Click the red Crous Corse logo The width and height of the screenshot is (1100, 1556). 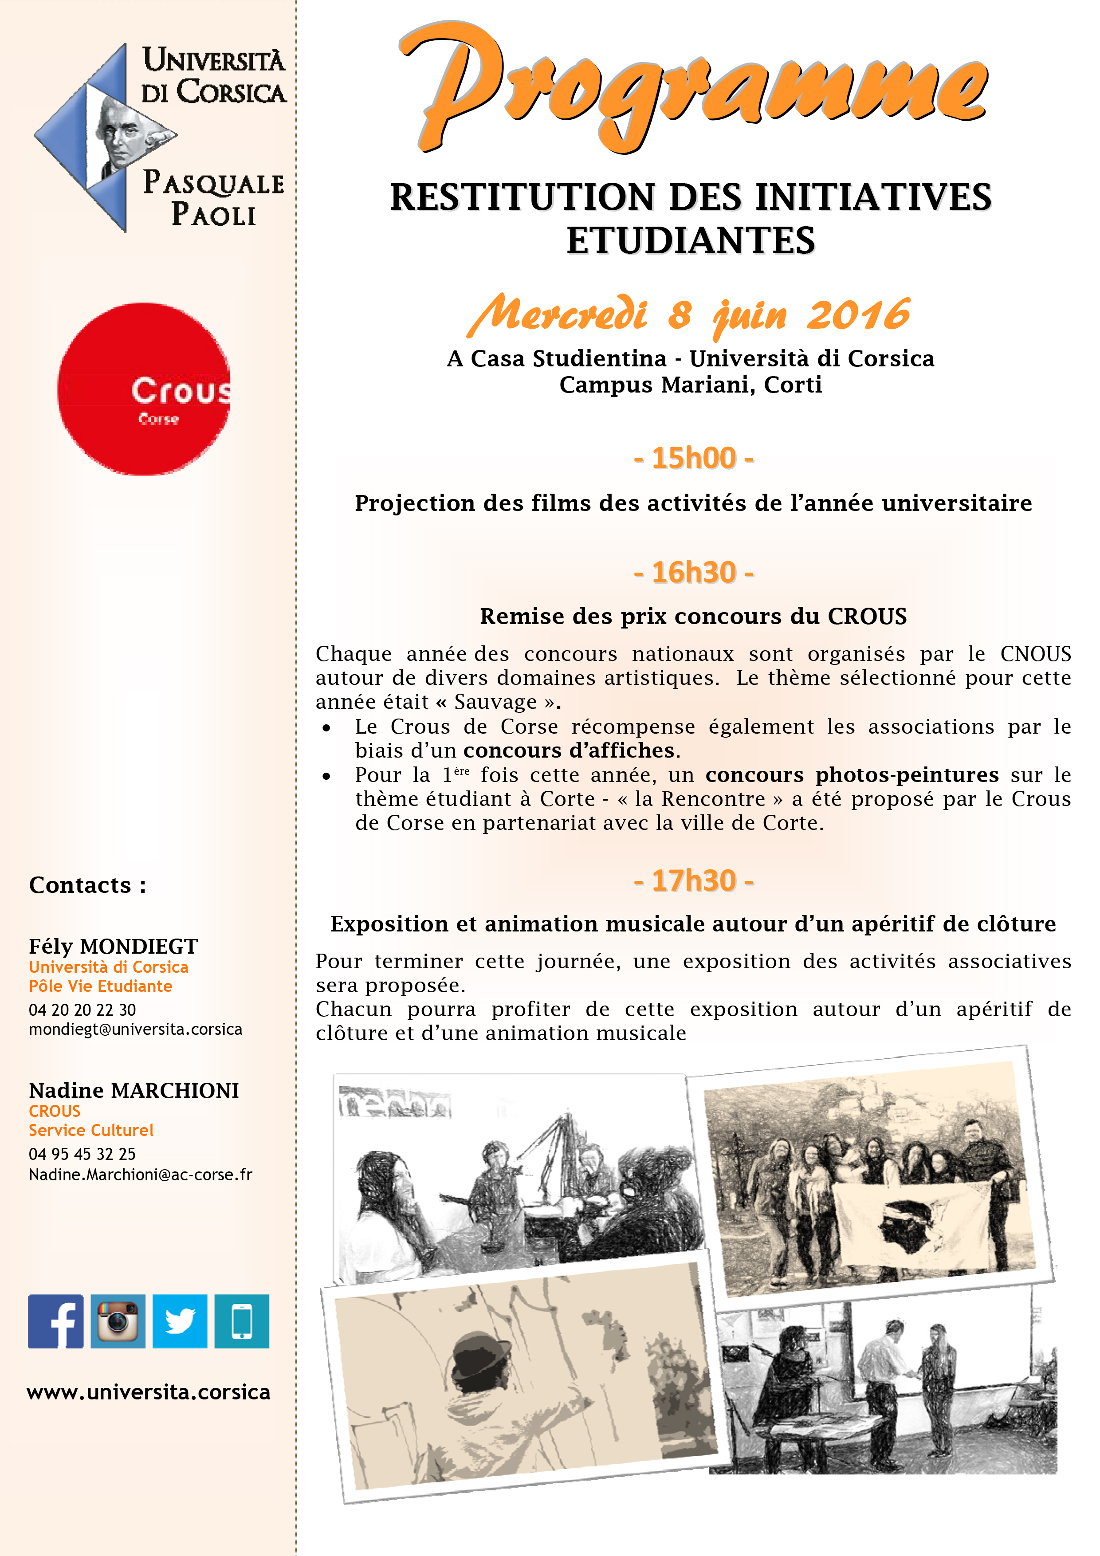coord(144,389)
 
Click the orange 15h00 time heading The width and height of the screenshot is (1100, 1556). coord(693,459)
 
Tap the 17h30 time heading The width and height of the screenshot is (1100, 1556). coord(693,881)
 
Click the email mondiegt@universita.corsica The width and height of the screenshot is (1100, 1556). coord(135,1029)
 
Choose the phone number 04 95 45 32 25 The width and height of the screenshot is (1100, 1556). coord(82,1154)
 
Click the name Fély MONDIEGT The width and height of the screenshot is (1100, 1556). coord(113,946)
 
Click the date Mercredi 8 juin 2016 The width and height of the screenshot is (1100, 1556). coord(689,315)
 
